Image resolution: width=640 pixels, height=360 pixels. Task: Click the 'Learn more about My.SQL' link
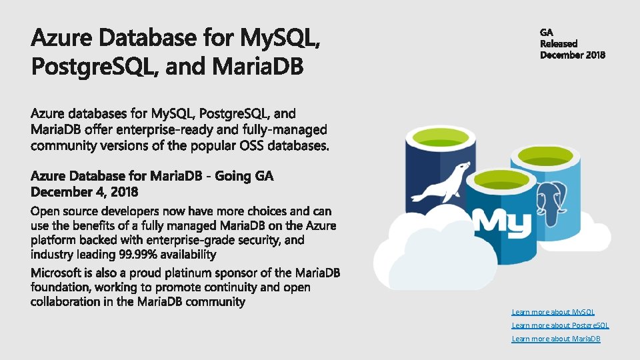pos(553,312)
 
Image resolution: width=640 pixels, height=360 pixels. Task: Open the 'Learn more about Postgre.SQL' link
pos(560,325)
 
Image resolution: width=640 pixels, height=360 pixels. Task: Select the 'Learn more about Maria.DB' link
pos(556,339)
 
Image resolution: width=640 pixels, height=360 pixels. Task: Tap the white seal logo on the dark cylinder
pos(441,181)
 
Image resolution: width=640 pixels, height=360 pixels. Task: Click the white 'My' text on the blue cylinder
pos(501,221)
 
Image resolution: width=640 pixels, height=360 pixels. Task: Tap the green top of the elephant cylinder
pos(543,157)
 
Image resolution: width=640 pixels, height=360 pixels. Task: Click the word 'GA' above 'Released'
pos(547,32)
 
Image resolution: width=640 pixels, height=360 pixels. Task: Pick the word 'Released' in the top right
pos(559,43)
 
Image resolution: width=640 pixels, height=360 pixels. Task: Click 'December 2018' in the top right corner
pos(573,55)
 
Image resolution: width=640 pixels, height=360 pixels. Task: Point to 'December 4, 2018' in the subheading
pos(84,192)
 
